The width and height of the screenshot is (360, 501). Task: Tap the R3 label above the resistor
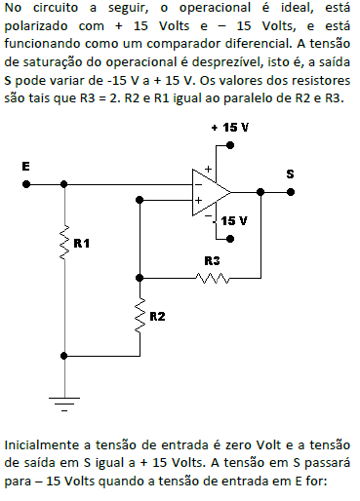pyautogui.click(x=213, y=260)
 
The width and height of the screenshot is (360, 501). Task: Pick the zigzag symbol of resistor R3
pyautogui.click(x=212, y=278)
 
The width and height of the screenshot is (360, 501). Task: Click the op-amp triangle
pyautogui.click(x=209, y=190)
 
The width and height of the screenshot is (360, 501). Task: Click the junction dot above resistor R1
pyautogui.click(x=64, y=182)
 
